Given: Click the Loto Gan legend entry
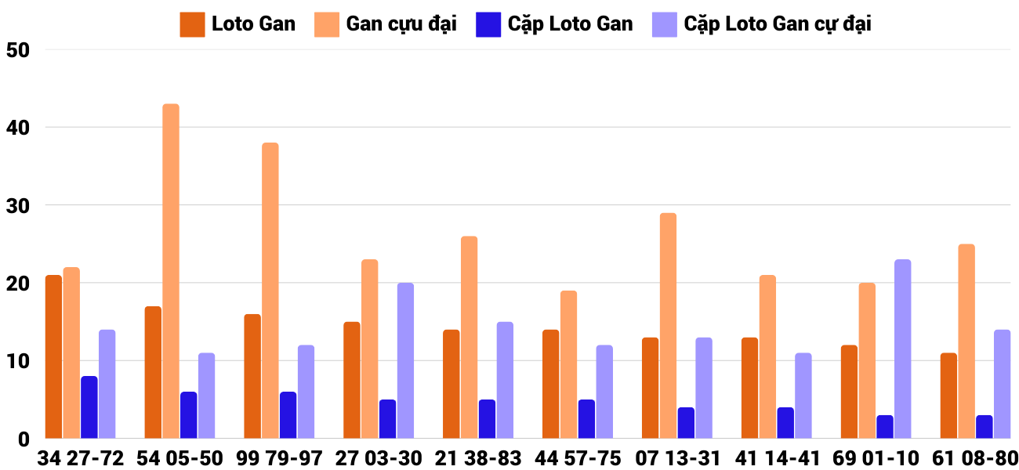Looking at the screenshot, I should [238, 24].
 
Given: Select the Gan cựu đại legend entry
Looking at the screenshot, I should [386, 24].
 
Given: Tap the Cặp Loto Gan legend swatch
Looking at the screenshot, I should [488, 24].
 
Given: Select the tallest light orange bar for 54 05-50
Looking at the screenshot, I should [171, 271].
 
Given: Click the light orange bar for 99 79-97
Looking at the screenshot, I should [270, 291].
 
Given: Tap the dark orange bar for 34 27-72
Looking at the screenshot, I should [53, 357].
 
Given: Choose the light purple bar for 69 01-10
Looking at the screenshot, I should [903, 349].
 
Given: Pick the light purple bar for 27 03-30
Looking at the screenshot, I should [405, 361].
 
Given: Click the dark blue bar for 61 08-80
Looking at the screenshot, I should [985, 427].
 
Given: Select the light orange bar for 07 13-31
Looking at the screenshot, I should [668, 326].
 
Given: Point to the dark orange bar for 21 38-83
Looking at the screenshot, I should [451, 385].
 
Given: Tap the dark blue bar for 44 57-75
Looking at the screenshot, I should [586, 419].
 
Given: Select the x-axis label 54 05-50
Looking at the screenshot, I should [180, 458].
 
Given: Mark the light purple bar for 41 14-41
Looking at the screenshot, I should [803, 396].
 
